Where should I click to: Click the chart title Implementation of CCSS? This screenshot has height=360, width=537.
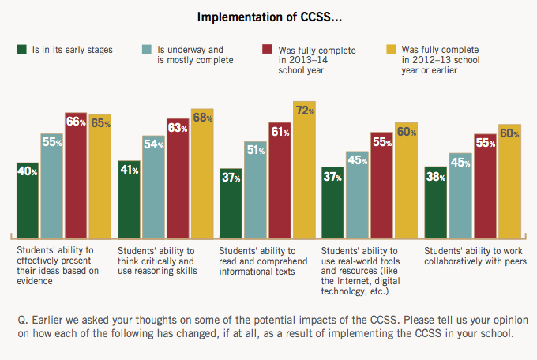(268, 17)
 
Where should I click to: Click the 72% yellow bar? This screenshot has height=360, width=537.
(304, 169)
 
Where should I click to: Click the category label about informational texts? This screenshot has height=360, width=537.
(265, 261)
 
